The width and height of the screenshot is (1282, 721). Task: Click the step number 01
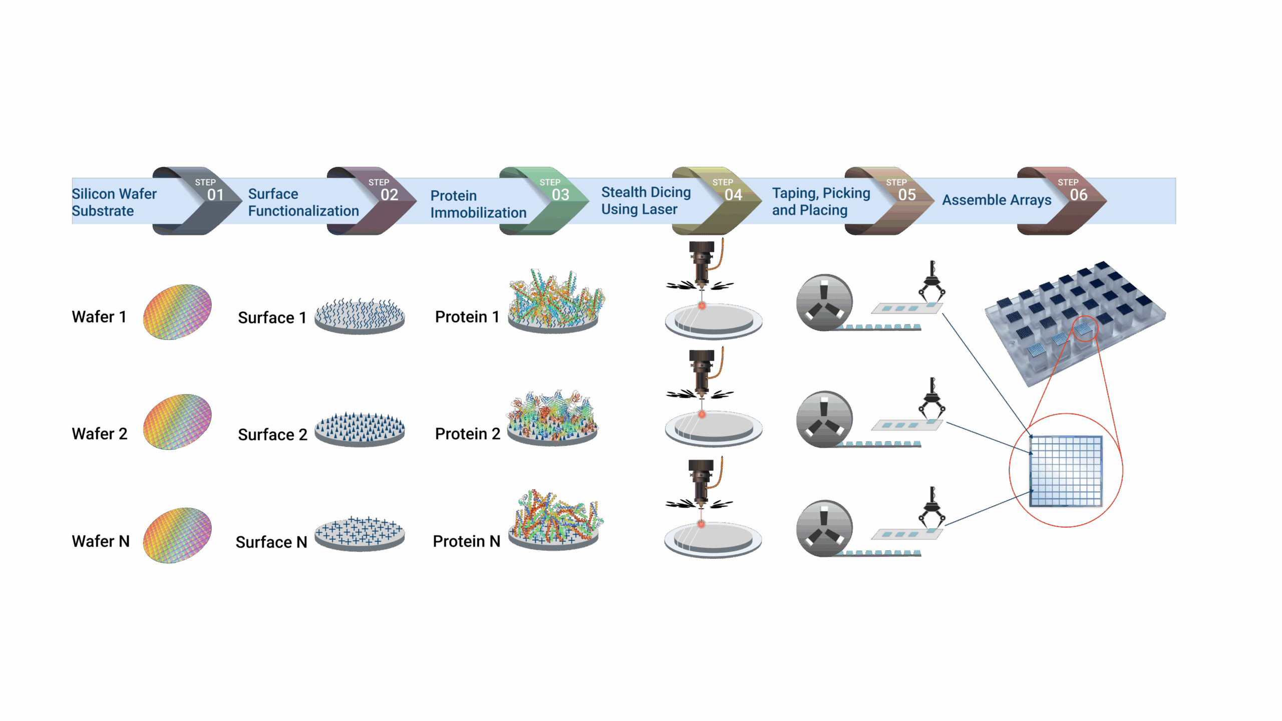215,195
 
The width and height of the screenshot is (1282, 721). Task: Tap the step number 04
733,195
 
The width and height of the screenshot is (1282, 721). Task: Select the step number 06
1079,195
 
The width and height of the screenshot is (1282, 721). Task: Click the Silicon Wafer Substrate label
114,202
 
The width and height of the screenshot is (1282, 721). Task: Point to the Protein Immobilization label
478,204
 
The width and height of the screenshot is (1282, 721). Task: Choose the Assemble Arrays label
997,200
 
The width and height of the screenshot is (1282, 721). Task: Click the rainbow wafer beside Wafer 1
177,312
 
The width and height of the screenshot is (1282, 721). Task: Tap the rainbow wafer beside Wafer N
177,535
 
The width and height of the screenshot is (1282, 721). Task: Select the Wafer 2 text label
100,434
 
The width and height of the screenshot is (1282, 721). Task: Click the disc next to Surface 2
360,429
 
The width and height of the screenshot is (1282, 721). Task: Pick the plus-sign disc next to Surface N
360,533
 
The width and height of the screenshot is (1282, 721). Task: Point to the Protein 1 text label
467,317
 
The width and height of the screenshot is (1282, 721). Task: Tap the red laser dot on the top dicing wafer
702,306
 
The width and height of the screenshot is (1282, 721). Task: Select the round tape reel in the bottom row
824,528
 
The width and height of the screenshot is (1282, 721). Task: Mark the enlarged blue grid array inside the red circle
1066,471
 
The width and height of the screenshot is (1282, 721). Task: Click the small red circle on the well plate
1085,329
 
